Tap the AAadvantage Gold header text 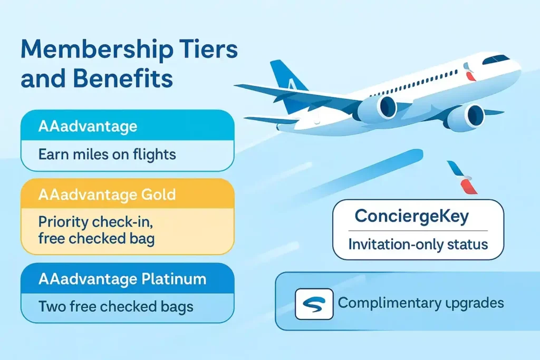click(x=107, y=194)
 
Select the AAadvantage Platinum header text click(x=123, y=279)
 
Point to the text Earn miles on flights click(x=107, y=155)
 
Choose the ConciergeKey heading click(x=411, y=217)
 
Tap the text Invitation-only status click(x=419, y=245)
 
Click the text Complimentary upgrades click(x=420, y=303)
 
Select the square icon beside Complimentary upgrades click(x=314, y=304)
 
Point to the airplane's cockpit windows click(x=496, y=59)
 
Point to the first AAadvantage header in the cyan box click(x=88, y=127)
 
